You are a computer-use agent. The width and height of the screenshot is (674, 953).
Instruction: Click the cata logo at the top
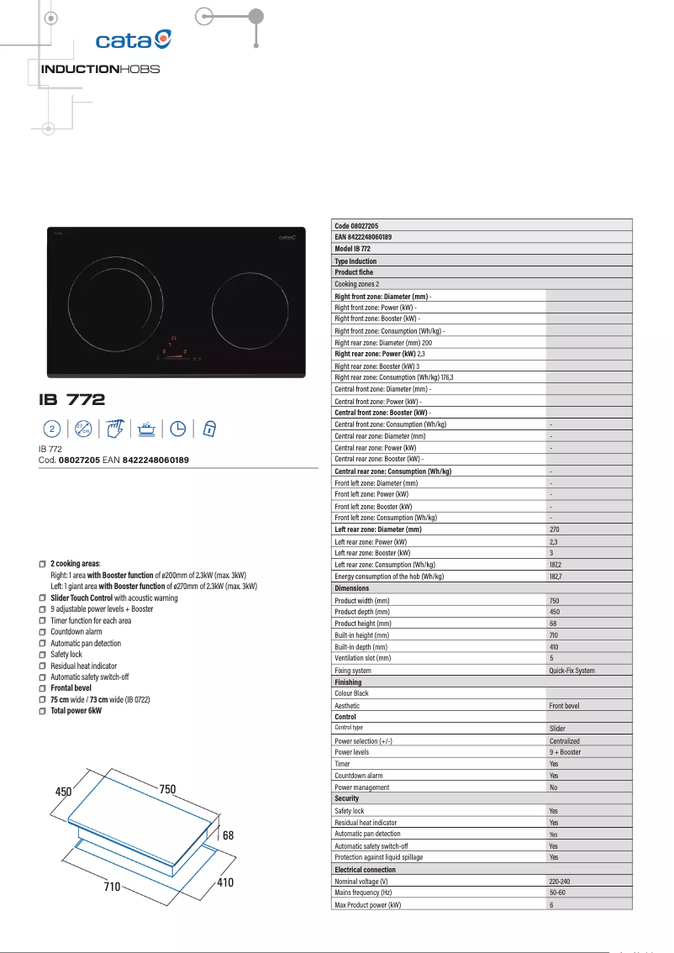coord(134,39)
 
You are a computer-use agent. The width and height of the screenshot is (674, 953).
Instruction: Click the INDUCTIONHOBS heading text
coord(100,69)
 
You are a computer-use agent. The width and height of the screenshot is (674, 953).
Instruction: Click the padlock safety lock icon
coord(210,429)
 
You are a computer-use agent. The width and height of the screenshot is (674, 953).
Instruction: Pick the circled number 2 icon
coord(52,429)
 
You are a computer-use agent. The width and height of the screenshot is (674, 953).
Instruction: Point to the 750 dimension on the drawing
coord(167,790)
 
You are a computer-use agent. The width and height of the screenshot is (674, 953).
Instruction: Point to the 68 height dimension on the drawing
coord(228,835)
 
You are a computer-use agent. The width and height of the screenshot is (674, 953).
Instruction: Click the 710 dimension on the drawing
coord(113,887)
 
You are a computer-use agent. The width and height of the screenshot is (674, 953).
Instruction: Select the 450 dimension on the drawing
coord(64,792)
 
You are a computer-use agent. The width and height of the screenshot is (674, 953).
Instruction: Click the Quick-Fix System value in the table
coord(571,671)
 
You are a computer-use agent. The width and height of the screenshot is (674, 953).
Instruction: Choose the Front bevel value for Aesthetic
coord(566,706)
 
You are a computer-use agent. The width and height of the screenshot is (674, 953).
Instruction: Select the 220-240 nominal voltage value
coord(559,881)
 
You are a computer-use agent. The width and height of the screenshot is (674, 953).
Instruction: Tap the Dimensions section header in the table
coord(351,588)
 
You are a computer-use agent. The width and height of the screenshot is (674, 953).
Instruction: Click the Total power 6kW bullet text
coord(76,710)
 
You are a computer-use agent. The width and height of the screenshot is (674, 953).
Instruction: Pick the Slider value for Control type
coord(557,729)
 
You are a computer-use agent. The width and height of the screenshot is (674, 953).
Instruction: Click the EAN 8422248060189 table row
coord(363,238)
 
